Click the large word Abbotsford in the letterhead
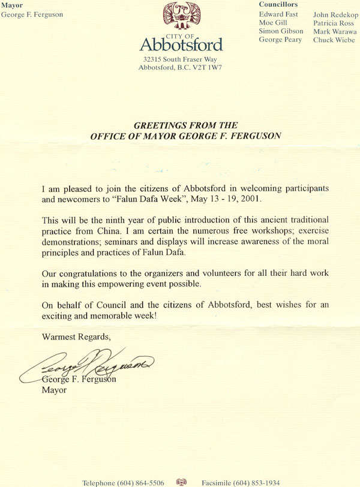click(x=181, y=44)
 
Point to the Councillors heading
click(x=278, y=4)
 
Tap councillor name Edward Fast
click(x=278, y=14)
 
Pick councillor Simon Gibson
click(x=280, y=31)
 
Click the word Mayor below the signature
click(x=54, y=390)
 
